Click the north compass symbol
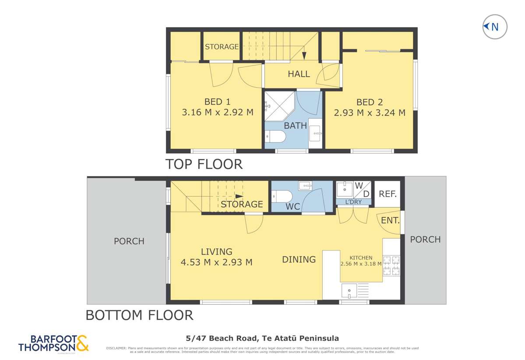[494, 27]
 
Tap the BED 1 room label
[217, 102]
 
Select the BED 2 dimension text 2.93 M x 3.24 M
[370, 113]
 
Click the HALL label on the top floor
[299, 74]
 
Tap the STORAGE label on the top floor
[222, 46]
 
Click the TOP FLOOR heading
[204, 164]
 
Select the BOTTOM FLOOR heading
[139, 315]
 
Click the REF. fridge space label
[388, 194]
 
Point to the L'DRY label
[353, 202]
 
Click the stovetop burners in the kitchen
[391, 265]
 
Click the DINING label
[299, 259]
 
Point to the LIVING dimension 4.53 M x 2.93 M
[216, 262]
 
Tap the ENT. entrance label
[391, 221]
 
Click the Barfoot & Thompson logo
[53, 343]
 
